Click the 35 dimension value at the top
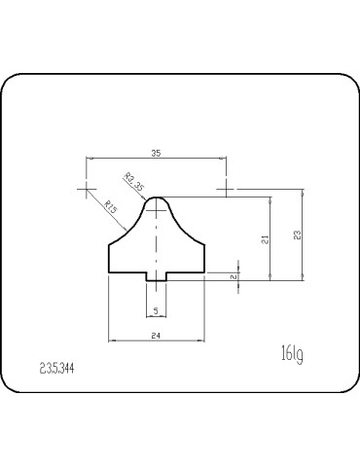(x=156, y=153)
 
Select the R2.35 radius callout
(x=135, y=182)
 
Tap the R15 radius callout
(x=111, y=206)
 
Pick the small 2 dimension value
(x=233, y=277)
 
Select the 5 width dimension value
(x=156, y=311)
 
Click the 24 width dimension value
(x=156, y=335)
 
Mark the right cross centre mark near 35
(x=226, y=185)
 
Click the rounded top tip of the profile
(x=156, y=196)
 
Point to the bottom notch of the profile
(x=156, y=281)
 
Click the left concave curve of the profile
(x=129, y=230)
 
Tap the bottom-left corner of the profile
(x=108, y=273)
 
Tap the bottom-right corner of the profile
(x=204, y=273)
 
